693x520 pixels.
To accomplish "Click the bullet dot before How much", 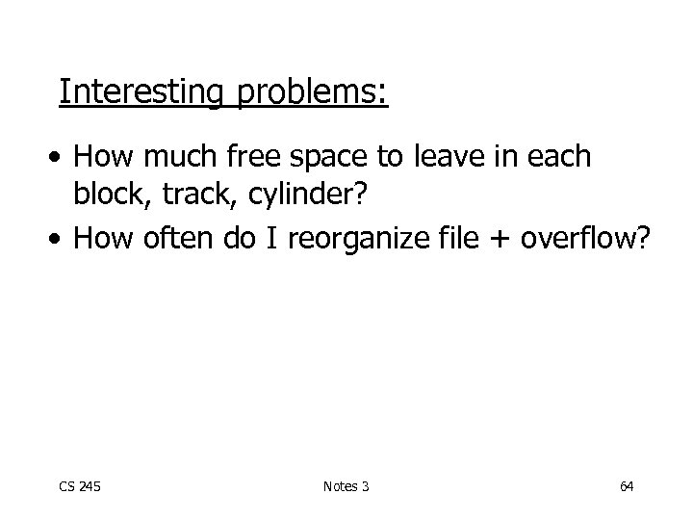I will coord(60,158).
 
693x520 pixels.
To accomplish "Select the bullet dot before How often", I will coord(60,239).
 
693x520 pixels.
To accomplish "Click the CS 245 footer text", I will coord(81,487).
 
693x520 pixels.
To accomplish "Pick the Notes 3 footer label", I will coord(346,487).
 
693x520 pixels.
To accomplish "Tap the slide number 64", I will coord(627,487).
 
